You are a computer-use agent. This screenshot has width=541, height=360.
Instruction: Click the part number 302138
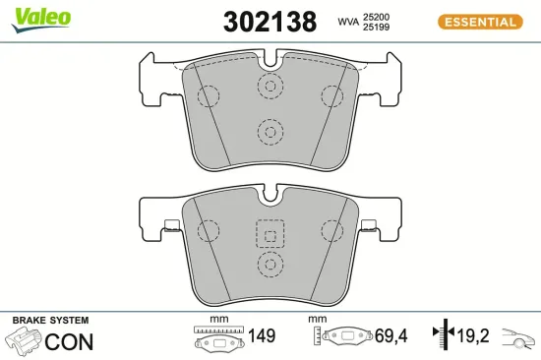coord(270,22)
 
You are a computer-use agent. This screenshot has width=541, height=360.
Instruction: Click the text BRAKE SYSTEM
coord(50,321)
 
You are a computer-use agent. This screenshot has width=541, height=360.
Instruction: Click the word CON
coord(70,341)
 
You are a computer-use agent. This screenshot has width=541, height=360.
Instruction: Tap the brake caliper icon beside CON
coord(25,341)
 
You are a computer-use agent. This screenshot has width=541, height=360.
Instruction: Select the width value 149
coord(260,336)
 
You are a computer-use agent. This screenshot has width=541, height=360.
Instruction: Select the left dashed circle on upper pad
coord(209,96)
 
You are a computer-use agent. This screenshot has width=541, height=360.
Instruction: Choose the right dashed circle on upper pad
coord(330,96)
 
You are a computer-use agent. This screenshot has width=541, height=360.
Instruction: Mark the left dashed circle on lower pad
coord(209,230)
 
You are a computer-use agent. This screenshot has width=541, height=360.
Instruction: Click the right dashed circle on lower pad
coord(330,230)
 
